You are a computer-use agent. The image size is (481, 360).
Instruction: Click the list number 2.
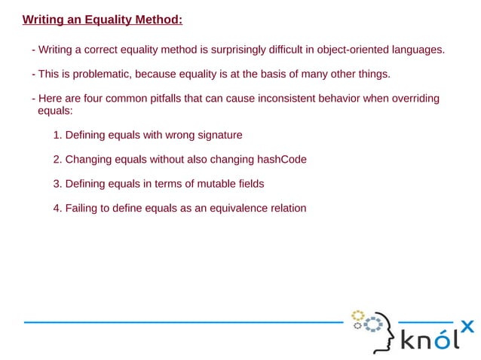[57, 160]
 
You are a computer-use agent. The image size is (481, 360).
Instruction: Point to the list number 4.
[57, 208]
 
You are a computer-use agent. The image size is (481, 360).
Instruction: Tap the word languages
[418, 50]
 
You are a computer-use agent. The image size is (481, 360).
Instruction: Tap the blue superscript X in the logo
[467, 326]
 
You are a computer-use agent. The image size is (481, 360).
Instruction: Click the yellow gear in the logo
[358, 315]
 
